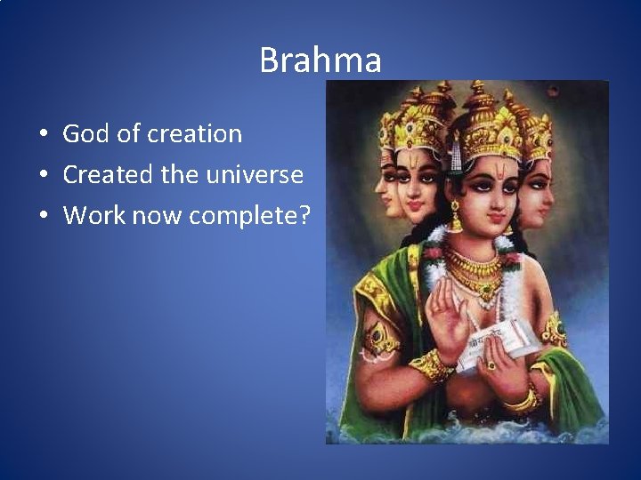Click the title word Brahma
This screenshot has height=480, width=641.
tap(320, 60)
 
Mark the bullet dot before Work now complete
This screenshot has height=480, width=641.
tap(42, 216)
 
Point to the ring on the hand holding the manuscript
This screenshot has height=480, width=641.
tap(491, 364)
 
